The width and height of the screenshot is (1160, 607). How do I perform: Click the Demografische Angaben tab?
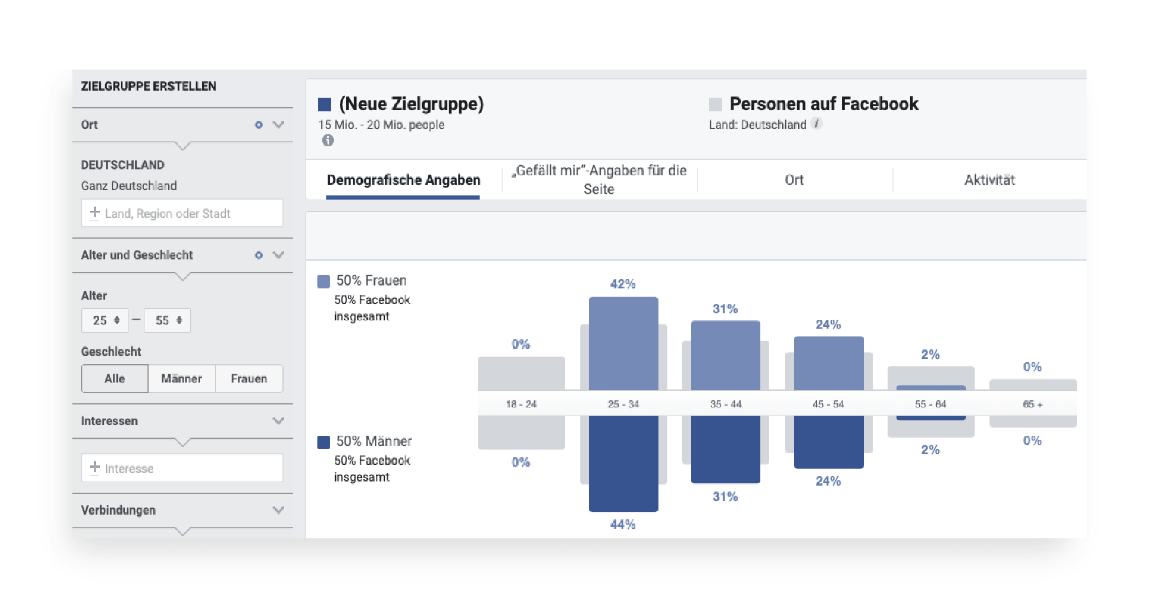[403, 180]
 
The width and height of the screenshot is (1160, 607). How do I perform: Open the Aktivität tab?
[989, 180]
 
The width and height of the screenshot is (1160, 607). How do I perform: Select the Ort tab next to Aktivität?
[794, 180]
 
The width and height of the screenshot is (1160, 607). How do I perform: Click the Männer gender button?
[182, 378]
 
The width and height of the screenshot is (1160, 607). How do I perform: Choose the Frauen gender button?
[249, 378]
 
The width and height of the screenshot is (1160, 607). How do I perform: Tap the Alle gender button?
[115, 378]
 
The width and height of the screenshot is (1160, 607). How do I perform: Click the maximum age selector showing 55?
[168, 320]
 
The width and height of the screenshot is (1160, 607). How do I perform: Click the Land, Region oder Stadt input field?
[182, 213]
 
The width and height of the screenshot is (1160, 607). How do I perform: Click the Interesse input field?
[182, 468]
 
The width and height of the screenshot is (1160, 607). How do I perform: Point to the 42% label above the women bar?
[623, 284]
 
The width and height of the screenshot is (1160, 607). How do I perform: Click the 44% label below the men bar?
[623, 524]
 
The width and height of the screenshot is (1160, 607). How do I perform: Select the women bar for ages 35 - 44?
[725, 355]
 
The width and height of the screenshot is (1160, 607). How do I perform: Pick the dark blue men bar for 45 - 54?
[828, 442]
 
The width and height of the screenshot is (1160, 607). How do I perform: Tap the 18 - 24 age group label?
[521, 404]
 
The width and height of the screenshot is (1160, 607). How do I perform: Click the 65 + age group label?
[1033, 404]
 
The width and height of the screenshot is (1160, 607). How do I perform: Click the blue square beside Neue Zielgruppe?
[324, 105]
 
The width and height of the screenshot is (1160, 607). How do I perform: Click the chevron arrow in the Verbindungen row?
[278, 510]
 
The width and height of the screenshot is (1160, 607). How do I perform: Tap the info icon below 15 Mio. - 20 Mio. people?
[327, 140]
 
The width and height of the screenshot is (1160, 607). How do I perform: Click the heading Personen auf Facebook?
[824, 104]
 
